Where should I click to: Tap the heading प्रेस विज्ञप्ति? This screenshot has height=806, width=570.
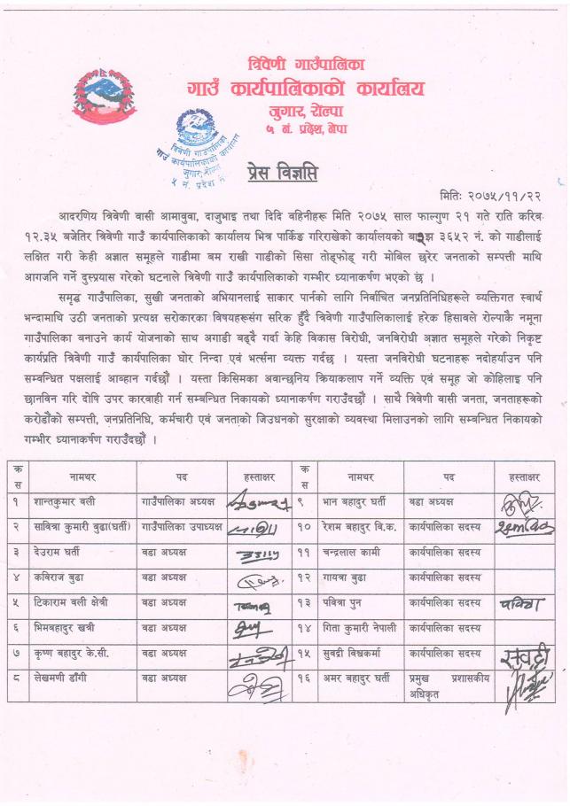(283, 170)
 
